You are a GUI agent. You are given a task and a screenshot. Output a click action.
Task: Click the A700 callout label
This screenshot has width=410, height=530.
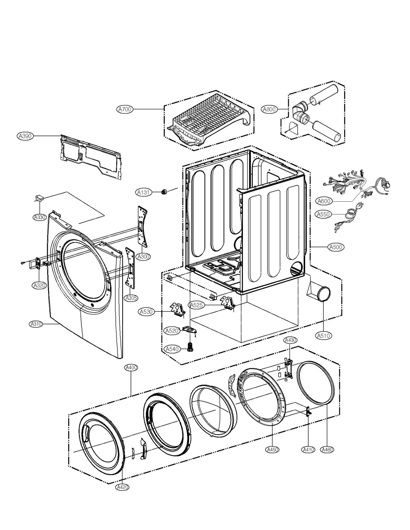pyautogui.click(x=125, y=110)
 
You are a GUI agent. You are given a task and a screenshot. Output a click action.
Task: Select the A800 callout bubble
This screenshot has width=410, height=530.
pyautogui.click(x=269, y=110)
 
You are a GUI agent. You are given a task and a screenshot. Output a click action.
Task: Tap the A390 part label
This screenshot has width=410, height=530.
pyautogui.click(x=25, y=136)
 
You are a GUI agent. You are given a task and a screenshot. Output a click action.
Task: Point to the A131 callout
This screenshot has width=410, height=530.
pyautogui.click(x=143, y=192)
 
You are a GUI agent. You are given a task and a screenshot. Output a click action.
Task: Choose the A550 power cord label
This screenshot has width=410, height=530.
pyautogui.click(x=323, y=214)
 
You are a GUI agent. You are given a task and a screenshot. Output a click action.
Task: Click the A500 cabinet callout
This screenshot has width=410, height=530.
pyautogui.click(x=336, y=247)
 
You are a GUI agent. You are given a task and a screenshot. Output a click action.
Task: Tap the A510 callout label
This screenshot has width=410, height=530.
pyautogui.click(x=323, y=336)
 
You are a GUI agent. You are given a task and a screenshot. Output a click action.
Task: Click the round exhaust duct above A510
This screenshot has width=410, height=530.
pyautogui.click(x=323, y=294)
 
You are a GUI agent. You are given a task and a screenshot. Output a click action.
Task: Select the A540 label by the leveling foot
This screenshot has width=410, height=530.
pyautogui.click(x=172, y=349)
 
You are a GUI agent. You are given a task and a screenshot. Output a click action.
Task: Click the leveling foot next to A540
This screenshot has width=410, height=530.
pyautogui.click(x=190, y=347)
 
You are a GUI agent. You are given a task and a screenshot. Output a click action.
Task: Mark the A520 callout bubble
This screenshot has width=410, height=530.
pyautogui.click(x=171, y=331)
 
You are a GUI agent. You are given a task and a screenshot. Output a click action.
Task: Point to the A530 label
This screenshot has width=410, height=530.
pyautogui.click(x=146, y=312)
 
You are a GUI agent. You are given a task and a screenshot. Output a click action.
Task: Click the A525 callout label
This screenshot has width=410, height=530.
pyautogui.click(x=197, y=305)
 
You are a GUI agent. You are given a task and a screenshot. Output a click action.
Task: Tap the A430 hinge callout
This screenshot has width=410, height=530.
pyautogui.click(x=290, y=340)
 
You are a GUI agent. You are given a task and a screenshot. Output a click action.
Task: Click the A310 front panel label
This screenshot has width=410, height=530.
pyautogui.click(x=36, y=324)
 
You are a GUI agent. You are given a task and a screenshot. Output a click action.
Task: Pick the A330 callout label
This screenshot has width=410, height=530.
pyautogui.click(x=40, y=217)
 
